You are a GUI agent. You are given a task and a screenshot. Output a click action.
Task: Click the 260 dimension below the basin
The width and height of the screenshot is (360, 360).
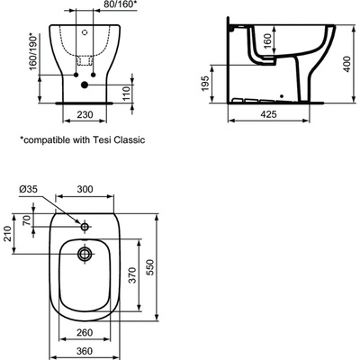tap(85, 330)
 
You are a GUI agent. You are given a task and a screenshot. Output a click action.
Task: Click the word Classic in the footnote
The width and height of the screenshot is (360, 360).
tap(126, 141)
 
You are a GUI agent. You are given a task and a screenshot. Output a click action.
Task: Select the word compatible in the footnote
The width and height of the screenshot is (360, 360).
tap(45, 141)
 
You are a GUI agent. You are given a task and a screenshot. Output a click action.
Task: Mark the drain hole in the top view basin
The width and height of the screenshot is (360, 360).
tap(85, 255)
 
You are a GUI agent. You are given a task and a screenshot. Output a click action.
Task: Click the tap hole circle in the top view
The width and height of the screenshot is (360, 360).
tap(85, 227)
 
